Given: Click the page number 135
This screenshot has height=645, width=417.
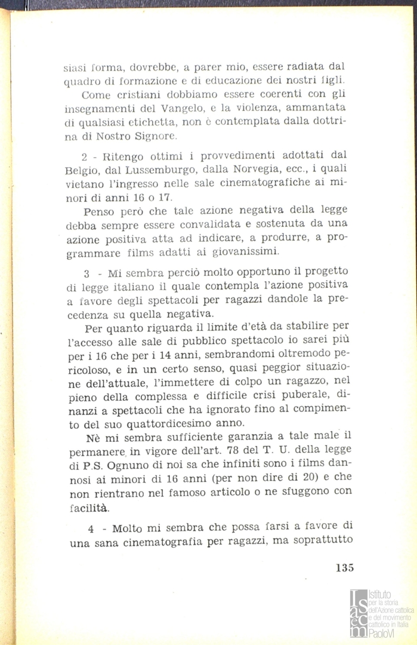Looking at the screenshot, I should (341, 567).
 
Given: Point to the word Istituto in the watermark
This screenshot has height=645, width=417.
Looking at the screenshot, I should (379, 595).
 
